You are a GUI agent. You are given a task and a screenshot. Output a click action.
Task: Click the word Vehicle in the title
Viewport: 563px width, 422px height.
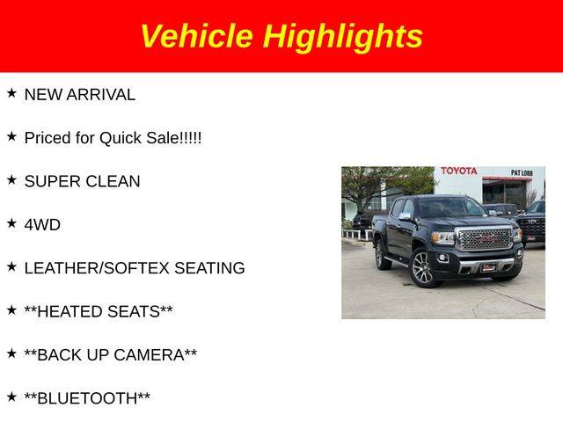197,35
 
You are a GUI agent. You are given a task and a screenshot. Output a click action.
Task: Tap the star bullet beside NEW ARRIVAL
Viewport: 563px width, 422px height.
11,93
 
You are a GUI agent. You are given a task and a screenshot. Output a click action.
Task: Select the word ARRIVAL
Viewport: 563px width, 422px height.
101,95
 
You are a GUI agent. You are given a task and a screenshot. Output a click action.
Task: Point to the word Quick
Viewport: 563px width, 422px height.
121,139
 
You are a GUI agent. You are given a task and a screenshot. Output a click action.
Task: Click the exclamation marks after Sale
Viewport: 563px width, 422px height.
190,138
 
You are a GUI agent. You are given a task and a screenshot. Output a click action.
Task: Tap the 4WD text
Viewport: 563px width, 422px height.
42,225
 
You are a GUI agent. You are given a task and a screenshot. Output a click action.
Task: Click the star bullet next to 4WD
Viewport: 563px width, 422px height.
11,223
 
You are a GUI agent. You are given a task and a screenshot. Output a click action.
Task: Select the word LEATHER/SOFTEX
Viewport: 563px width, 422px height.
97,268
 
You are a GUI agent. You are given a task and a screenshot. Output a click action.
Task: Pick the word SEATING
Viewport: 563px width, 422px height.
209,268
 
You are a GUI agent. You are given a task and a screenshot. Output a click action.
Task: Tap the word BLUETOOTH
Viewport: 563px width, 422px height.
87,398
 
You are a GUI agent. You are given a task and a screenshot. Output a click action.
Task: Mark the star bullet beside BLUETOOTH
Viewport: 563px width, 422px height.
11,397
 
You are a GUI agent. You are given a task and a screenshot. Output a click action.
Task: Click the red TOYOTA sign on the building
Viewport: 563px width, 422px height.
459,171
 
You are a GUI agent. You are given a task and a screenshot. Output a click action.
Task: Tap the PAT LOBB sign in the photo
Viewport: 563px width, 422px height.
522,173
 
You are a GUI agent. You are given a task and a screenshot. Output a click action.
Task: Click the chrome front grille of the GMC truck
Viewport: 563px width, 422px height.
485,238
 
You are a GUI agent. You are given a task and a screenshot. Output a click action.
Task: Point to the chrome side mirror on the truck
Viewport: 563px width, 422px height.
405,216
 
